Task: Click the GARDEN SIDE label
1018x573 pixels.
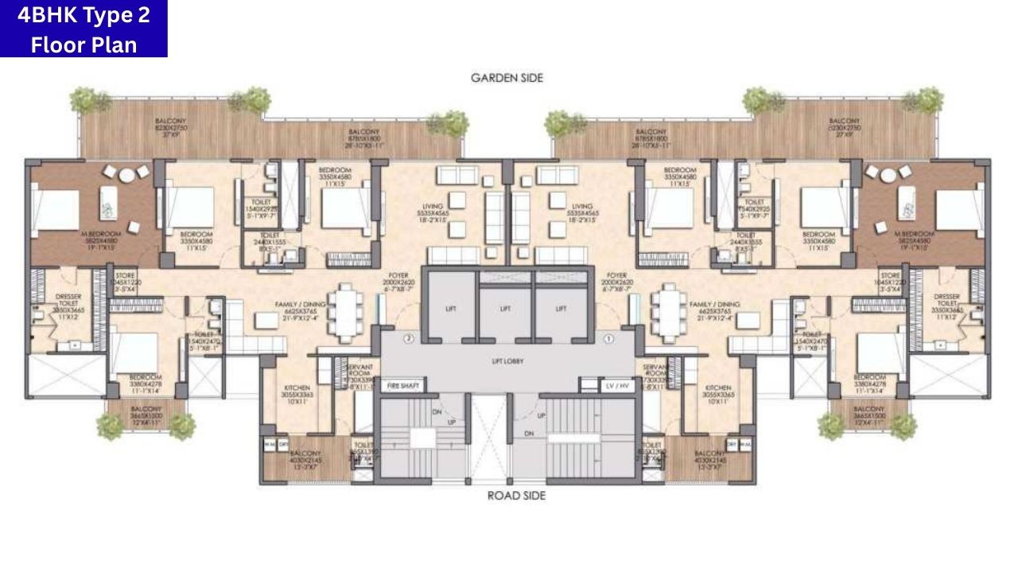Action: point(507,78)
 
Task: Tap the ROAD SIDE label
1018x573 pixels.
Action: point(516,496)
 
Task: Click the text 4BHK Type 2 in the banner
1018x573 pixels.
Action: point(84,14)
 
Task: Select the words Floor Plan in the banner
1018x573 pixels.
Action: point(84,44)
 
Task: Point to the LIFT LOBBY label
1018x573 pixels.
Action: point(506,361)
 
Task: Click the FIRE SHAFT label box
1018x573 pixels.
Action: point(403,386)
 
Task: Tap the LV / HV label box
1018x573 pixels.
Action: point(616,386)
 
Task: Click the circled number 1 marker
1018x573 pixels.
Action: point(609,338)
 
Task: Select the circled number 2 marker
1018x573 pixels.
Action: point(409,338)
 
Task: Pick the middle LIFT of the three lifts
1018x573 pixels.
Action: point(506,309)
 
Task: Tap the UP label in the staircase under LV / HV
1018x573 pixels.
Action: point(542,416)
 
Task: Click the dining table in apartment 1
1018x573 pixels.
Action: point(668,305)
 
